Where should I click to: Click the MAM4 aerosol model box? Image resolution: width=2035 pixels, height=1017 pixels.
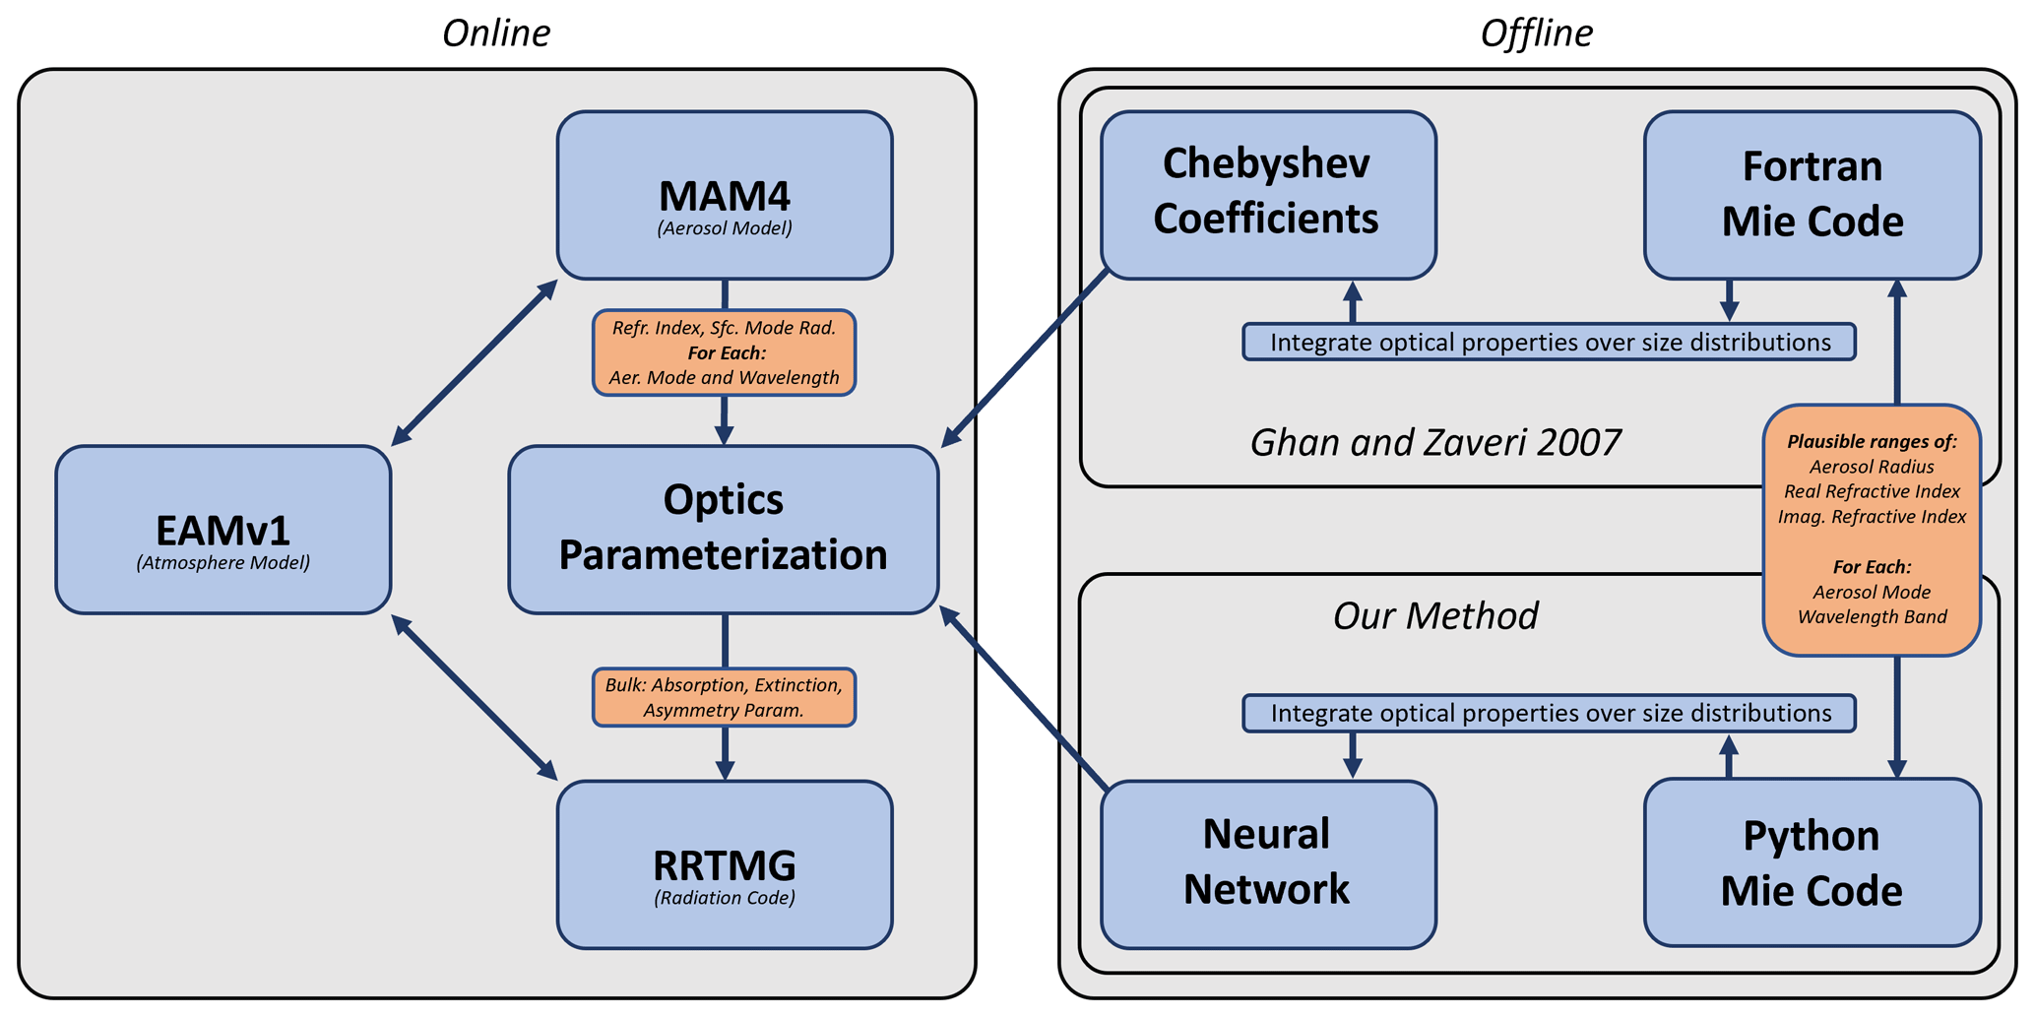[725, 195]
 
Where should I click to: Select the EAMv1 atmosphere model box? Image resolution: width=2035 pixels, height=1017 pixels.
[223, 530]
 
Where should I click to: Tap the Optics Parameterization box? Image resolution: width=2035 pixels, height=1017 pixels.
[724, 530]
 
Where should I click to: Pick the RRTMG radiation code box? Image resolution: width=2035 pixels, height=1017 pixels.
[725, 864]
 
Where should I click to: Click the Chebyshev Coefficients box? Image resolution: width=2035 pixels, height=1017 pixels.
[1268, 194]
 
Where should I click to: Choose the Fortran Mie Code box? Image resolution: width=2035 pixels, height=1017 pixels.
[1812, 194]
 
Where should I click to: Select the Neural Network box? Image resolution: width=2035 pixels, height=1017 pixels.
[1268, 863]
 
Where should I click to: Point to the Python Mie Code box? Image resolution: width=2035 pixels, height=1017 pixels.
[1812, 863]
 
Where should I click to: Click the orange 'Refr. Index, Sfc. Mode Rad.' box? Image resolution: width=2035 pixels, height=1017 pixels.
[724, 352]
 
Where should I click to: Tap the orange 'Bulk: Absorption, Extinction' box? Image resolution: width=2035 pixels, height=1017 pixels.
[724, 697]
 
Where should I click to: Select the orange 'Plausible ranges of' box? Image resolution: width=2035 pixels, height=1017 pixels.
[1872, 530]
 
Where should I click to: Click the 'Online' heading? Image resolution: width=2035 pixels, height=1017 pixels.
[496, 33]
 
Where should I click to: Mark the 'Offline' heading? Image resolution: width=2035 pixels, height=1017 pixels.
[1536, 33]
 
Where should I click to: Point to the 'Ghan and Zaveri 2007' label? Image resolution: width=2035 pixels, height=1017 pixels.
[1435, 443]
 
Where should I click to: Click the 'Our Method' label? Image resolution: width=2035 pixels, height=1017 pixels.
[1435, 616]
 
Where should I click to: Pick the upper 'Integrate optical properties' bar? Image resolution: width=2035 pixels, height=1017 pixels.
[1550, 342]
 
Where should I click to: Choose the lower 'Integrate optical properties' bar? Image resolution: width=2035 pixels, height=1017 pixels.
[1550, 713]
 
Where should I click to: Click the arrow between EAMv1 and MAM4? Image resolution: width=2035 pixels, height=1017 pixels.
[475, 362]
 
